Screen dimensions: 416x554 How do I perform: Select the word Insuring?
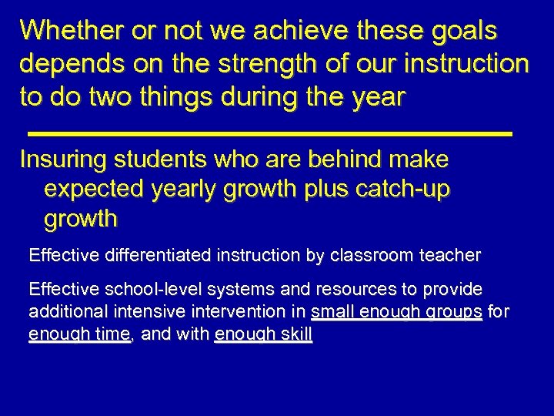coord(64,160)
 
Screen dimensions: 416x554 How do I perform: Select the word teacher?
coord(453,254)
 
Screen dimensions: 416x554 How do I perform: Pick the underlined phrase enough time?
coord(78,336)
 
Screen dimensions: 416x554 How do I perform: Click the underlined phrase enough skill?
coord(264,336)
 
